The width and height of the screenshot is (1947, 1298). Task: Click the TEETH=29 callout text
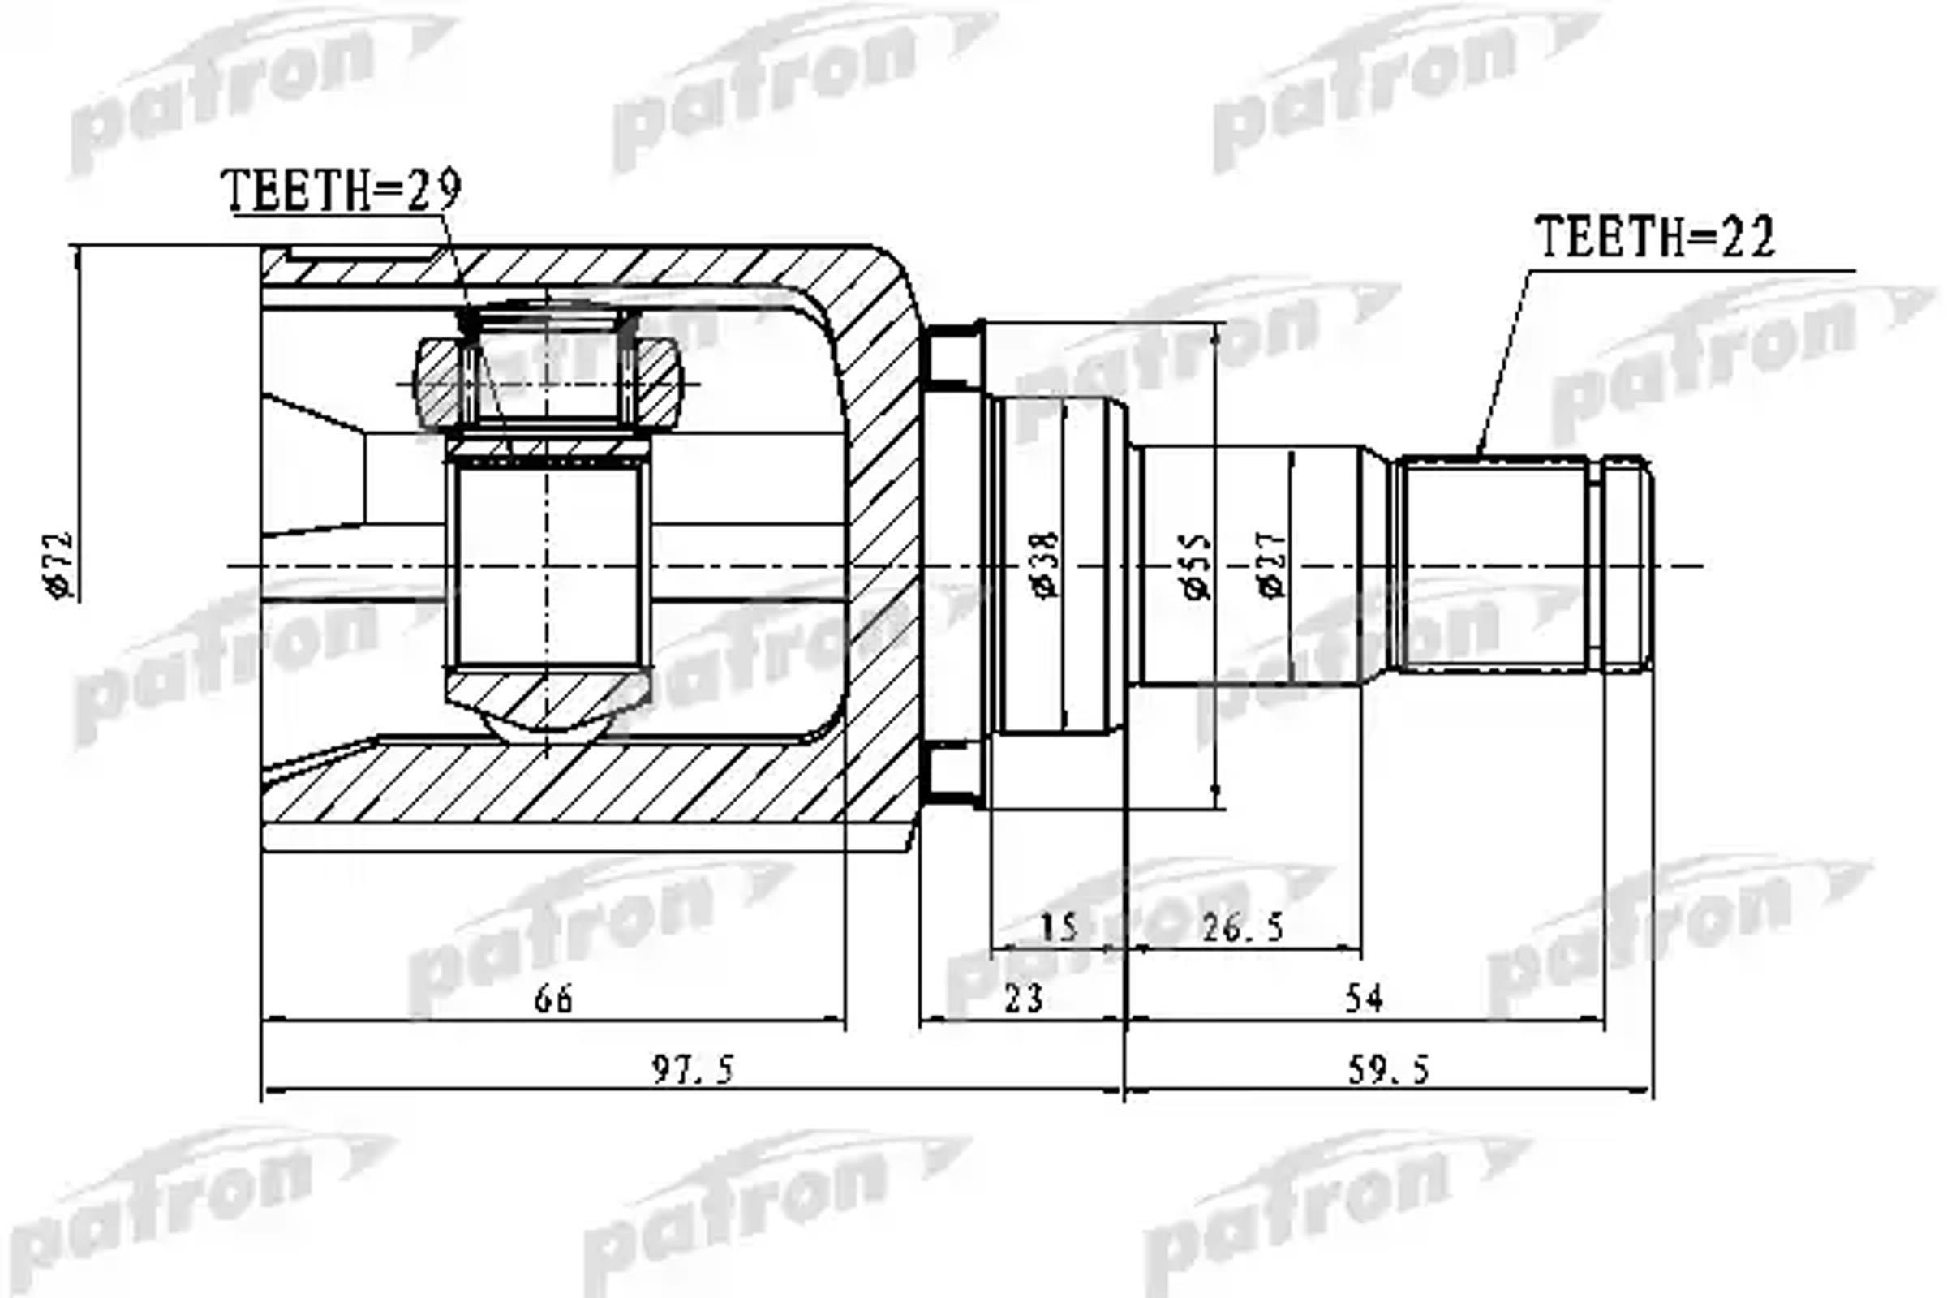pos(340,191)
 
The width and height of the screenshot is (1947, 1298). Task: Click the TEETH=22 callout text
pos(1654,238)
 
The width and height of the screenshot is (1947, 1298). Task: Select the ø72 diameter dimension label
pos(59,565)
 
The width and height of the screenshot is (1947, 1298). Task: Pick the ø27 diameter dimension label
pos(1273,565)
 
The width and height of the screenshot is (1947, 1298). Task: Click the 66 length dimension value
pos(553,999)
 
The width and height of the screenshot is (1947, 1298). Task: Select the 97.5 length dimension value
pos(693,1070)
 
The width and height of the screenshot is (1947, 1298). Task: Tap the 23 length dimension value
pos(1023,999)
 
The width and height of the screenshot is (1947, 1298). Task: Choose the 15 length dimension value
pos(1059,928)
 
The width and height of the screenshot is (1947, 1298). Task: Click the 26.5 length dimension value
pos(1243,928)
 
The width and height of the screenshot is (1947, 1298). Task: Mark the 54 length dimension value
pos(1364,999)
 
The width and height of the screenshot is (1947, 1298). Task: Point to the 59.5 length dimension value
pos(1388,1070)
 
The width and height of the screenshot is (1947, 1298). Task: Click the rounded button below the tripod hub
pos(546,727)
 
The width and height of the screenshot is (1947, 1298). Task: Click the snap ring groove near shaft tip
pos(1595,565)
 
